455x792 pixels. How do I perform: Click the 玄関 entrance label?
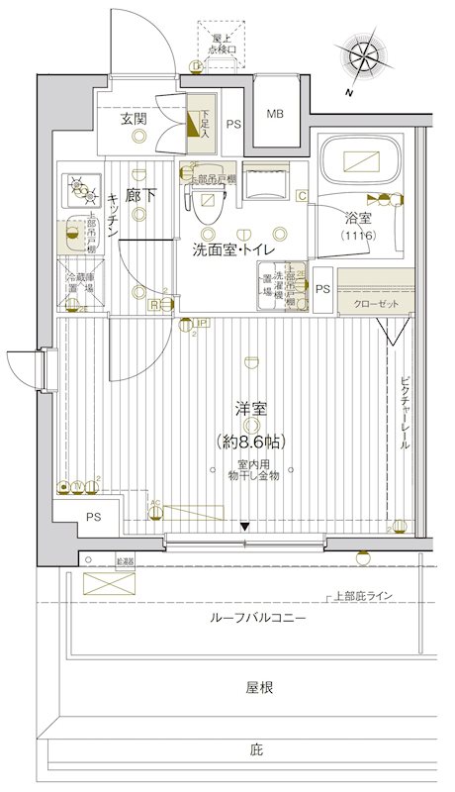point(135,119)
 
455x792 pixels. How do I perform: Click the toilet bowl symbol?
point(208,208)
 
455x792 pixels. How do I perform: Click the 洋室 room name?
point(250,409)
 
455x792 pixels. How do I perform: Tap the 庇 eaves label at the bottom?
point(255,750)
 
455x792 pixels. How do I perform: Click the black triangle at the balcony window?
point(245,526)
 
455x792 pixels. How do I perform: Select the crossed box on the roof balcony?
point(102,582)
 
